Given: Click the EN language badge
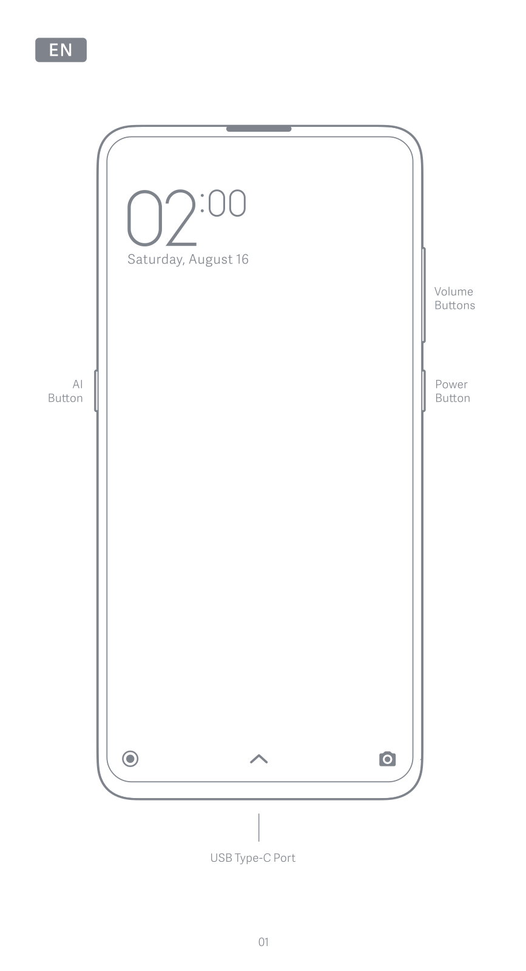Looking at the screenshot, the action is click(x=61, y=50).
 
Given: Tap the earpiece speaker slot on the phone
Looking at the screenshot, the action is click(x=259, y=129).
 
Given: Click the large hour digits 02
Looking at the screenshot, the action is click(x=161, y=218).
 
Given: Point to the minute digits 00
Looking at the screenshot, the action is click(x=228, y=203).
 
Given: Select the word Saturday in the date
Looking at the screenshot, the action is click(x=155, y=260).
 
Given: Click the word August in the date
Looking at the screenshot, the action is click(x=210, y=260).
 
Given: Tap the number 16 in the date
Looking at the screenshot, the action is click(x=242, y=260).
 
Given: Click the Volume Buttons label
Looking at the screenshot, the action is click(x=454, y=299).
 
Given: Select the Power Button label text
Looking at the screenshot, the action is click(x=453, y=391).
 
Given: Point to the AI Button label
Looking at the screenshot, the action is click(x=66, y=391).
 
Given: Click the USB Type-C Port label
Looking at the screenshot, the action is click(x=252, y=858).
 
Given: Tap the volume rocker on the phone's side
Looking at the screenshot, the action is click(x=423, y=295).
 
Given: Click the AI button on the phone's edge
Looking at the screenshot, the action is click(x=96, y=391).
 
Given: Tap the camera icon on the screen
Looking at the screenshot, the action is click(x=387, y=759).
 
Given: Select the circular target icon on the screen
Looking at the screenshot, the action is click(x=130, y=759).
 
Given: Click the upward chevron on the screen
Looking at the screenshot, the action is click(x=259, y=759).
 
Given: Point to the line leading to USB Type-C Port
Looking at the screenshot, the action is click(x=259, y=827).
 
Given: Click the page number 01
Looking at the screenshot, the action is click(x=263, y=942).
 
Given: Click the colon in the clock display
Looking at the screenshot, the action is click(x=203, y=203).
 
